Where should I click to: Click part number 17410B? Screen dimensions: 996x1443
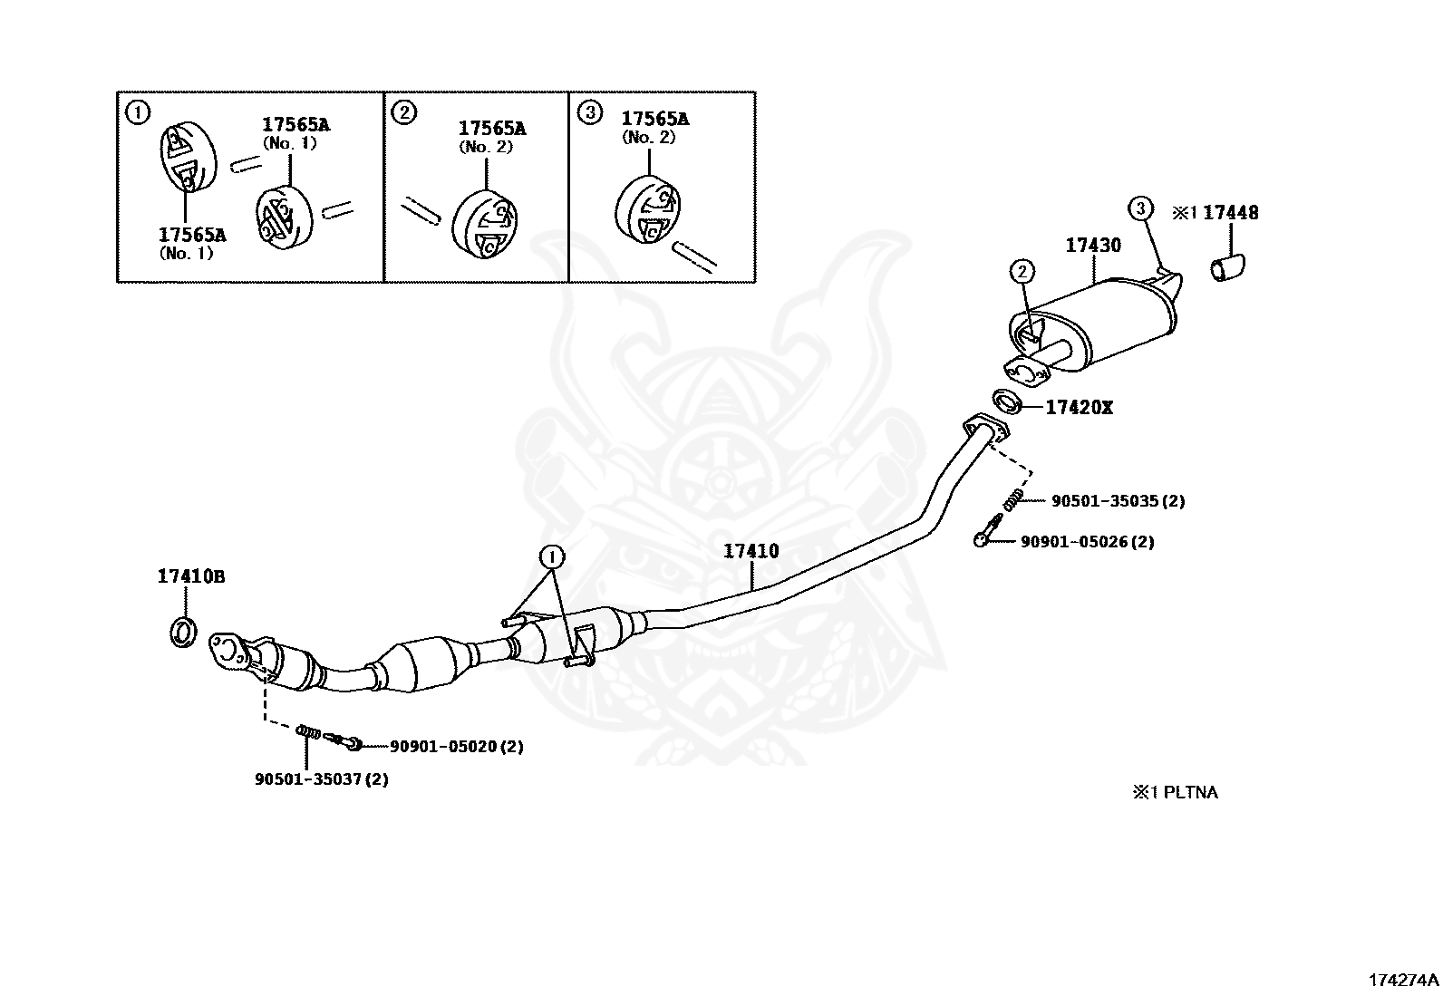click(x=190, y=576)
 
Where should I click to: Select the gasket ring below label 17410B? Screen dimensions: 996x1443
click(x=183, y=633)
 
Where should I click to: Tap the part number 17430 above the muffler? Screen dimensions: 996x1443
click(x=1092, y=246)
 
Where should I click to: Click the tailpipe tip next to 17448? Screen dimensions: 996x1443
click(x=1228, y=269)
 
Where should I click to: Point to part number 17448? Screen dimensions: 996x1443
click(x=1230, y=213)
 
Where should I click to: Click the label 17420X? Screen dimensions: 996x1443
click(x=1079, y=408)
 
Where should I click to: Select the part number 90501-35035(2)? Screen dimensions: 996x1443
click(x=1118, y=500)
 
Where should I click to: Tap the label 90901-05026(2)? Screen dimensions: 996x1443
click(x=1087, y=542)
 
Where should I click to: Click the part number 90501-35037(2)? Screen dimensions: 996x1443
click(x=321, y=779)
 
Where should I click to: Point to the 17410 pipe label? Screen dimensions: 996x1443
click(x=751, y=551)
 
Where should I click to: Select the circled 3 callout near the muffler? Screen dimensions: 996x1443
click(x=1140, y=208)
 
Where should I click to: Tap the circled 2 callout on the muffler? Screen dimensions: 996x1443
click(x=1022, y=271)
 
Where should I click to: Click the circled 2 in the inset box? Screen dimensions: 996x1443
click(x=404, y=112)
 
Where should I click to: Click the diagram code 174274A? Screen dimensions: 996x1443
click(x=1403, y=981)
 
